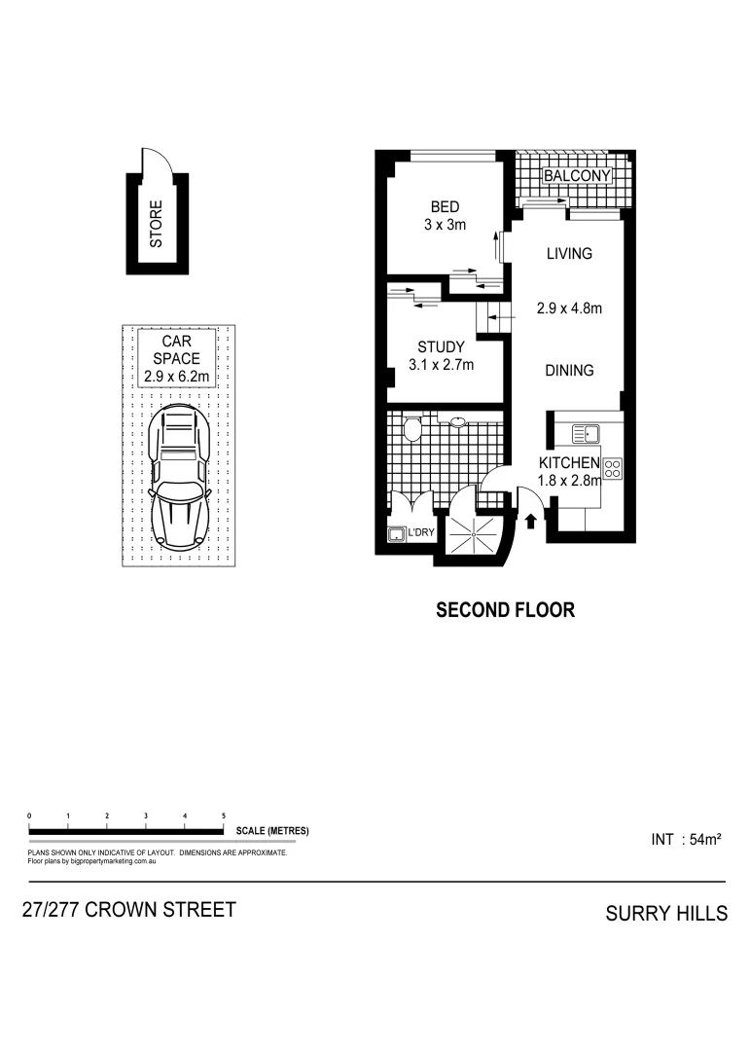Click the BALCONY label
[x=577, y=176]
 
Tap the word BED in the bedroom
[x=446, y=207]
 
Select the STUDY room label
[x=441, y=347]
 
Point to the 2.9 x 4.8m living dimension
[x=569, y=309]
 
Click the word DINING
[x=569, y=371]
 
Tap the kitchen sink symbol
[x=585, y=433]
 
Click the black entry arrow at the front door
[x=530, y=521]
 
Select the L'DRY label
[x=421, y=534]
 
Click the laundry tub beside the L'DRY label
[x=397, y=534]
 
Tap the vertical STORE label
[x=156, y=223]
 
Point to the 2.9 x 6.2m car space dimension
[x=176, y=376]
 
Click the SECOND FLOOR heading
[x=505, y=611]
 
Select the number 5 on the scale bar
[x=224, y=815]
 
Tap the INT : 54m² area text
[x=686, y=839]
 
